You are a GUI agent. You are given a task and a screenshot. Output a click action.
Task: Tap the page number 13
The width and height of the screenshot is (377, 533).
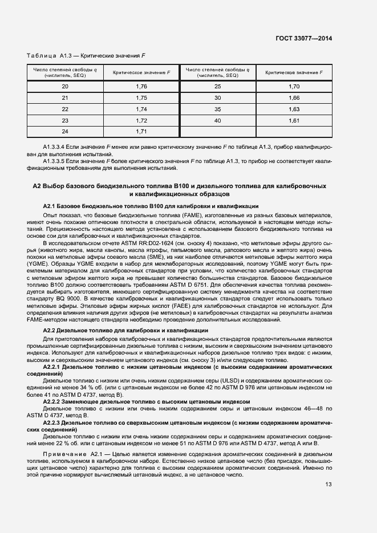328,485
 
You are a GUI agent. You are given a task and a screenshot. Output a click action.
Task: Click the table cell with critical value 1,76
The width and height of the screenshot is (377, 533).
141,86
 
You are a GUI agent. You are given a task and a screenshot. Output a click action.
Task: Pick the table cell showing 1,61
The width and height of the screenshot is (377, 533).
294,120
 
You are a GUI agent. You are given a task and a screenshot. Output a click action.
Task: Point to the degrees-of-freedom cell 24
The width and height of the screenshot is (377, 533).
65,132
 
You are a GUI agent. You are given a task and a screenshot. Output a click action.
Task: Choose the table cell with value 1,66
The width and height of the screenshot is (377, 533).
294,97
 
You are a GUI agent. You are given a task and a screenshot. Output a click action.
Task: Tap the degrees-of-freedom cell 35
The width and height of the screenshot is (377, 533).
217,109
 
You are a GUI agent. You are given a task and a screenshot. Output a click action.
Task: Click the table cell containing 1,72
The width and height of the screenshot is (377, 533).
141,120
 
